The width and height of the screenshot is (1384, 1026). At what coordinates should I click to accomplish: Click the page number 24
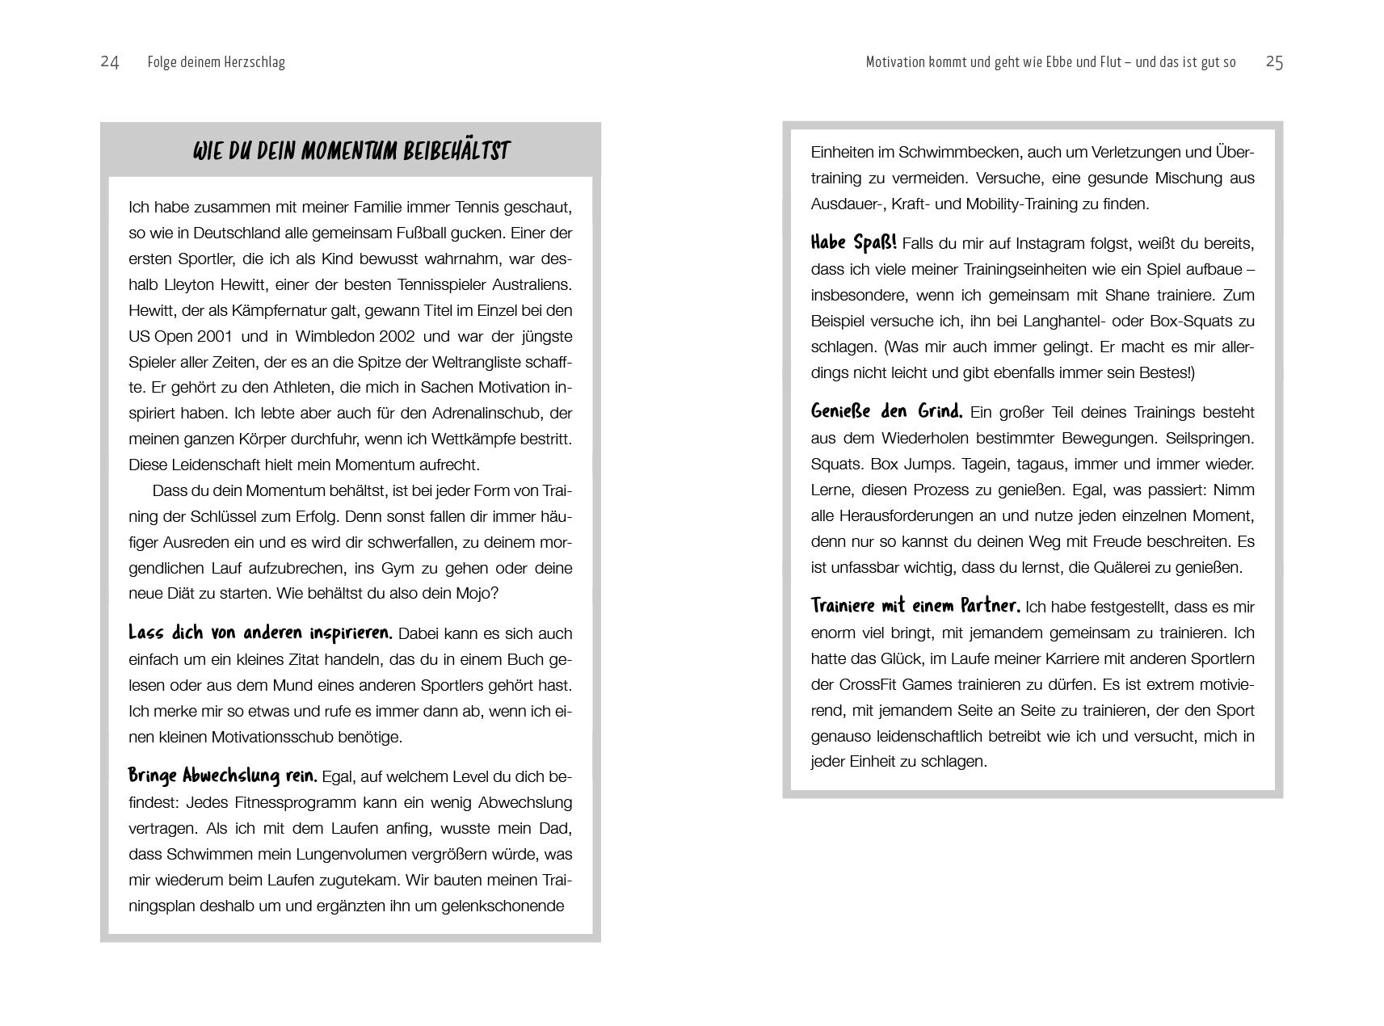tap(110, 62)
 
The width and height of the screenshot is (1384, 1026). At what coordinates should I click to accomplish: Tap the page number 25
tap(1274, 62)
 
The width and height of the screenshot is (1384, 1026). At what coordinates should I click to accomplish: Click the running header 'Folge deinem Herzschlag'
tap(217, 62)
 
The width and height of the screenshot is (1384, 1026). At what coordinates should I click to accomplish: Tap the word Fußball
tap(429, 233)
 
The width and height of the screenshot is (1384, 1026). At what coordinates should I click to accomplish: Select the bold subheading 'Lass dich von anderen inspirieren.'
tap(260, 633)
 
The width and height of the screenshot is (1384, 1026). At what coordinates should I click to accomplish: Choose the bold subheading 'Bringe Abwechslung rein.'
tap(223, 776)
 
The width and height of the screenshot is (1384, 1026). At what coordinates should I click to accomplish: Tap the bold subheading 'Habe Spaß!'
tap(853, 243)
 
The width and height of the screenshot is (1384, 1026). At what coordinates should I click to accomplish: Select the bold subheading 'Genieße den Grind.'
tap(886, 411)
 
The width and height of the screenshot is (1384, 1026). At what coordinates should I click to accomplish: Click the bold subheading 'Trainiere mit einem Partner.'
tap(915, 606)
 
